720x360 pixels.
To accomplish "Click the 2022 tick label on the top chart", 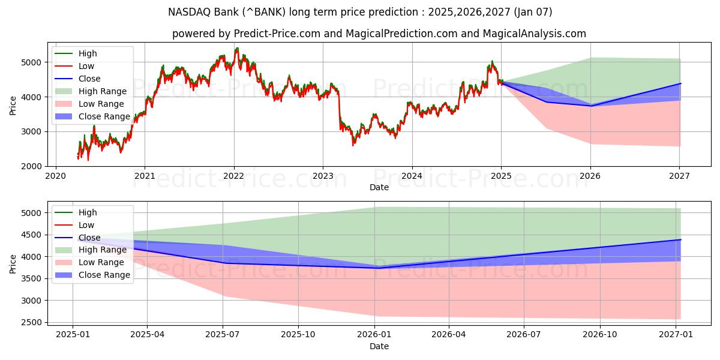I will [x=233, y=176].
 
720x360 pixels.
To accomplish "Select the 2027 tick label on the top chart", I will [x=679, y=176].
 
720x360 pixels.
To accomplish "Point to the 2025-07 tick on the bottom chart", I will [x=223, y=335].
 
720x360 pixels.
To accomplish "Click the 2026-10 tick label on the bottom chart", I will [x=600, y=335].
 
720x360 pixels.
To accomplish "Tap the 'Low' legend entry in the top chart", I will [x=86, y=66].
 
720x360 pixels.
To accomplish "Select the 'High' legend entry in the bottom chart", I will [x=88, y=212].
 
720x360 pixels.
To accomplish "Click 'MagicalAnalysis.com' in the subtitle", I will [x=538, y=34].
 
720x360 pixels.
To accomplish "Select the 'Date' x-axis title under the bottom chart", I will [x=379, y=346].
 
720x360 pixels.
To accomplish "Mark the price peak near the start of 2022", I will [x=236, y=49].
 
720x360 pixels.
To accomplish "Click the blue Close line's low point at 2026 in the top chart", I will [x=590, y=106].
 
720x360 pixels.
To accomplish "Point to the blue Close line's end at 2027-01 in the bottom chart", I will [x=680, y=239].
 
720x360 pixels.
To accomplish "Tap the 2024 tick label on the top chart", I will [x=412, y=176].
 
